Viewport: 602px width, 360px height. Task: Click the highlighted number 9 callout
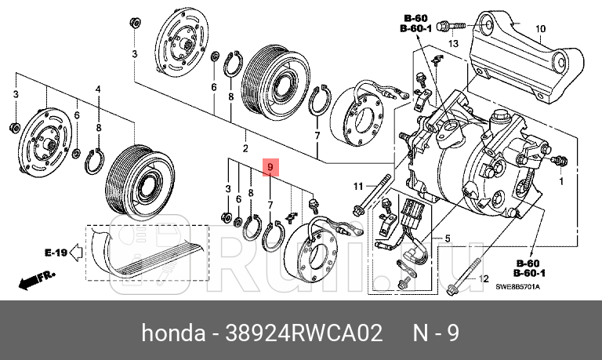click(270, 168)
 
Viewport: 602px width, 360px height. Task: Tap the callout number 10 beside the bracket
click(539, 29)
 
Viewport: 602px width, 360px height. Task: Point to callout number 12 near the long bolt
click(483, 279)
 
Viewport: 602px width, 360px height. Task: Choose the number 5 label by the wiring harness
click(448, 238)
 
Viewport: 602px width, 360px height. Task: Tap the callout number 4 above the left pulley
click(98, 90)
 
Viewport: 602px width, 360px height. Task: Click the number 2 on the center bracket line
click(245, 148)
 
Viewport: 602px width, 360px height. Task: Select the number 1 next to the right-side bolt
click(560, 180)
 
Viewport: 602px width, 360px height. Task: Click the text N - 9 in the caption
click(435, 333)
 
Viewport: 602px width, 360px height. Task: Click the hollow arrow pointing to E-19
click(77, 253)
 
